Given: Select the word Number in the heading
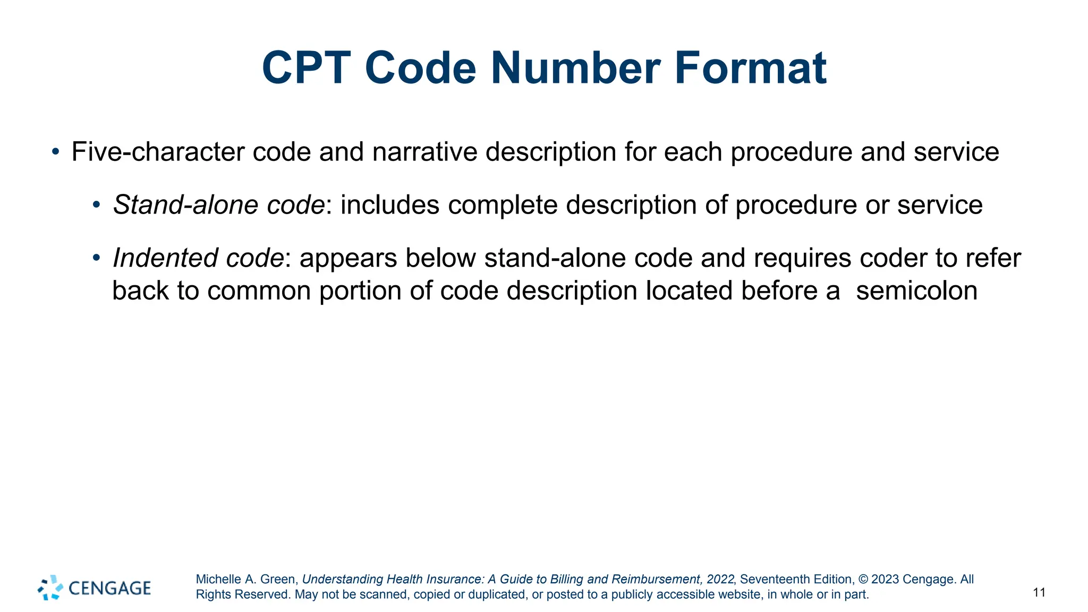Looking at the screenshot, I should point(575,68).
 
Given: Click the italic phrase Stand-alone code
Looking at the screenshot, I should point(219,205).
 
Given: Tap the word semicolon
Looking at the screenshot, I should point(916,291).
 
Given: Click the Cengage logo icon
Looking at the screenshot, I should point(50,588).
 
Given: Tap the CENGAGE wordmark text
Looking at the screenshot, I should point(110,588).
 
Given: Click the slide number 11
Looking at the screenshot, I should point(1039,592).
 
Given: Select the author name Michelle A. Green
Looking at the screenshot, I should point(246,579).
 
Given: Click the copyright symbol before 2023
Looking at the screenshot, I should point(863,579).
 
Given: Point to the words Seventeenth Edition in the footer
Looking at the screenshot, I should point(796,579).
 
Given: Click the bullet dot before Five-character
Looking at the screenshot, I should point(56,152).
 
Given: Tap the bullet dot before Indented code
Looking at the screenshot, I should point(96,258).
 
